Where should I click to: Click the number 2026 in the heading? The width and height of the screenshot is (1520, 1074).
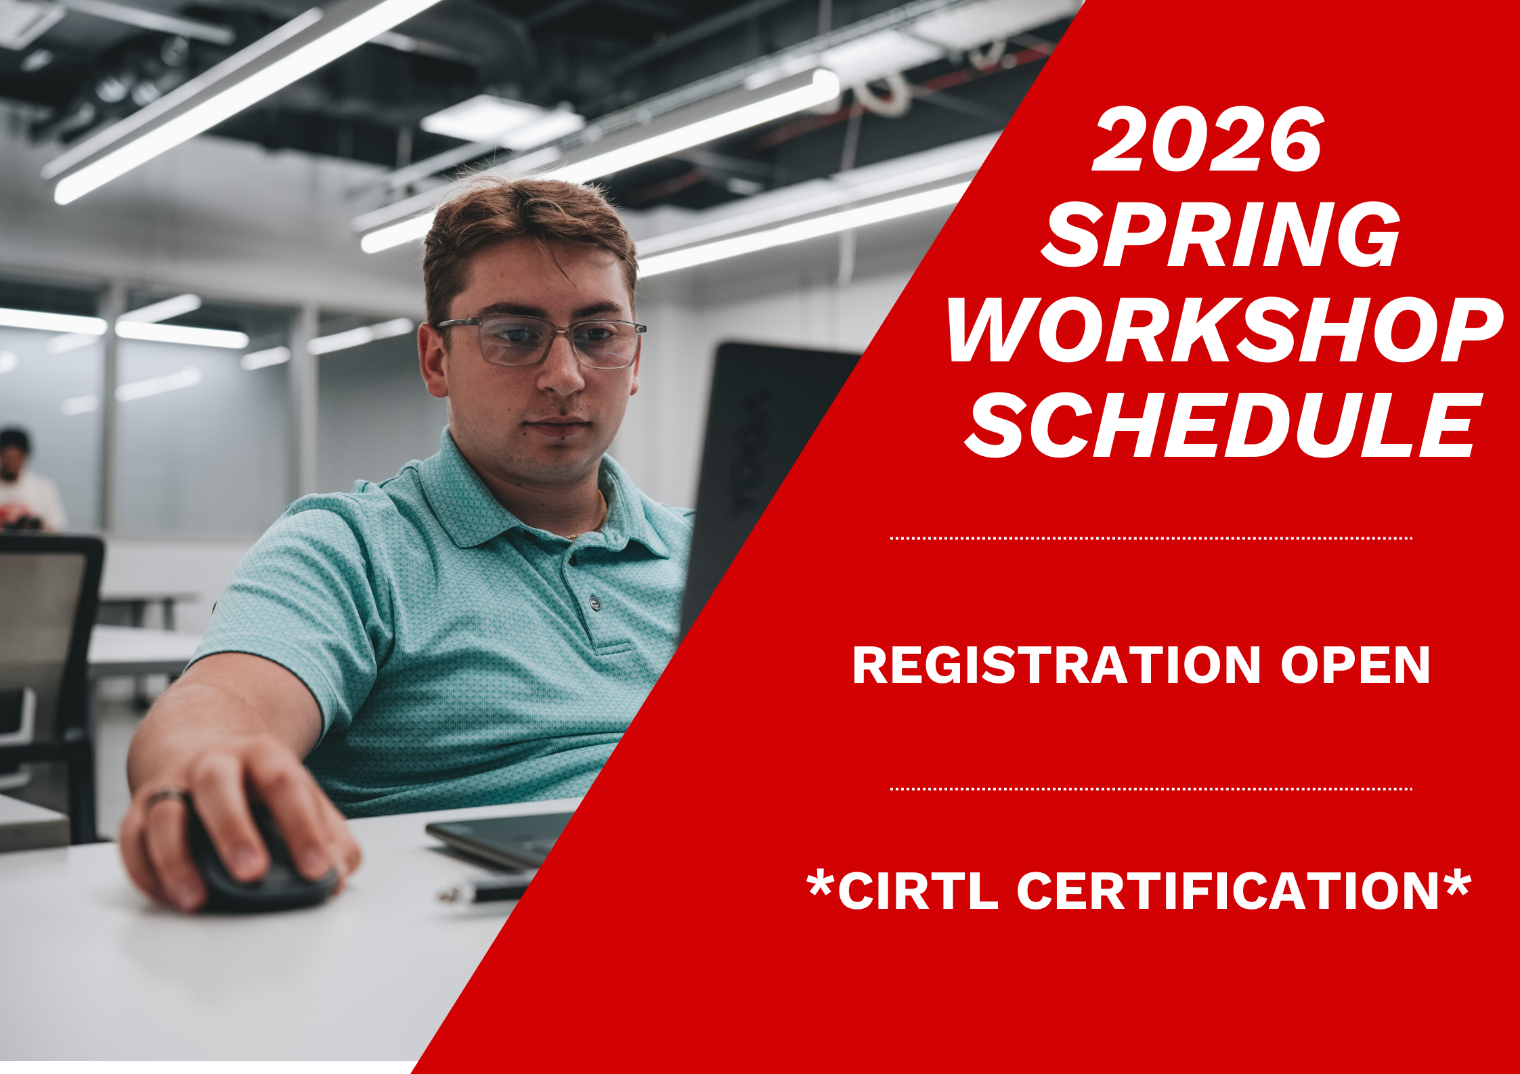pyautogui.click(x=1207, y=140)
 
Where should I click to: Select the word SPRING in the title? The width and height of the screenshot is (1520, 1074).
pyautogui.click(x=1220, y=235)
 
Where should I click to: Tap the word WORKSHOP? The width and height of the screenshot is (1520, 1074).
pyautogui.click(x=1224, y=330)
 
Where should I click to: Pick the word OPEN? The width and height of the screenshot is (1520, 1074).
pyautogui.click(x=1355, y=665)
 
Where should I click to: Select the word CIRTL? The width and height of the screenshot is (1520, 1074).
pyautogui.click(x=918, y=891)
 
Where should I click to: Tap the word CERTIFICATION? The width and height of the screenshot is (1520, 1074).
pyautogui.click(x=1227, y=891)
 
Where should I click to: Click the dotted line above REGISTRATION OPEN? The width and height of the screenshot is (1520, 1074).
pyautogui.click(x=1150, y=538)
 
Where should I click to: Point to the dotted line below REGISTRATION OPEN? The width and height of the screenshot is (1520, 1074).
pyautogui.click(x=1150, y=788)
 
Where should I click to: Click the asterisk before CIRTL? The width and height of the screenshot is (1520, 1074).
pyautogui.click(x=821, y=883)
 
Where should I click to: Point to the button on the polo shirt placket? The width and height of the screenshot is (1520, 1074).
pyautogui.click(x=595, y=602)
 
